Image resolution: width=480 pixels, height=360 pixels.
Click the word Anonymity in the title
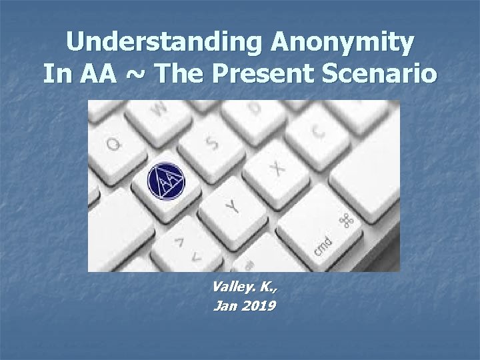(341, 44)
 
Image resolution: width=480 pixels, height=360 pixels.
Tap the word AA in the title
(98, 74)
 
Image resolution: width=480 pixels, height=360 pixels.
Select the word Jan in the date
(223, 307)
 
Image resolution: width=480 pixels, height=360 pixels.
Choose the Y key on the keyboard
(231, 206)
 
